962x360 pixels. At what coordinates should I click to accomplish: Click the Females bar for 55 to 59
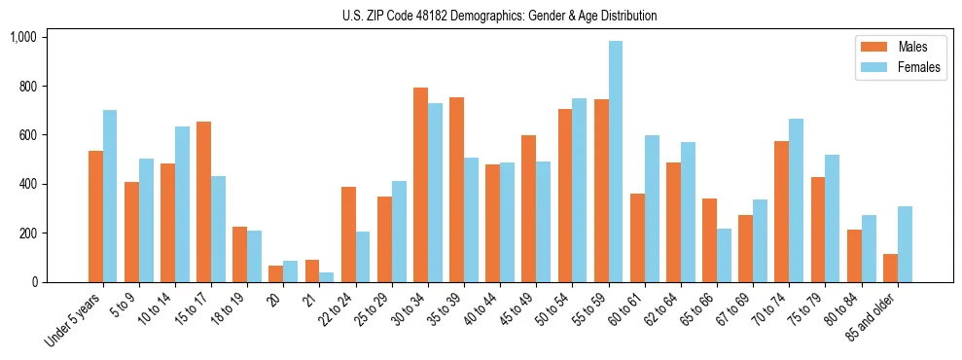615,162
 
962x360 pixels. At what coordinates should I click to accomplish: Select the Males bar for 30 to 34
420,185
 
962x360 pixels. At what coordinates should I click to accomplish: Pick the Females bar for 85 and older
905,244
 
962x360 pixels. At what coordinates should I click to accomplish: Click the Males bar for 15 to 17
203,201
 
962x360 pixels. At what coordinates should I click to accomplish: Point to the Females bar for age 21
326,277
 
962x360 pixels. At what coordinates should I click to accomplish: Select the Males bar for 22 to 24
348,234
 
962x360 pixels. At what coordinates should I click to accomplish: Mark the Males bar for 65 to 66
709,240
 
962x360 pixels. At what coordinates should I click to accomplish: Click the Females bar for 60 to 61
652,208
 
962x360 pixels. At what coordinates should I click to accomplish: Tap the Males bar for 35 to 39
456,190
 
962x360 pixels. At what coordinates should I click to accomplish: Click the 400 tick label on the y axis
27,184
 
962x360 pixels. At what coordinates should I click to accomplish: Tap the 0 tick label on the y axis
34,282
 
